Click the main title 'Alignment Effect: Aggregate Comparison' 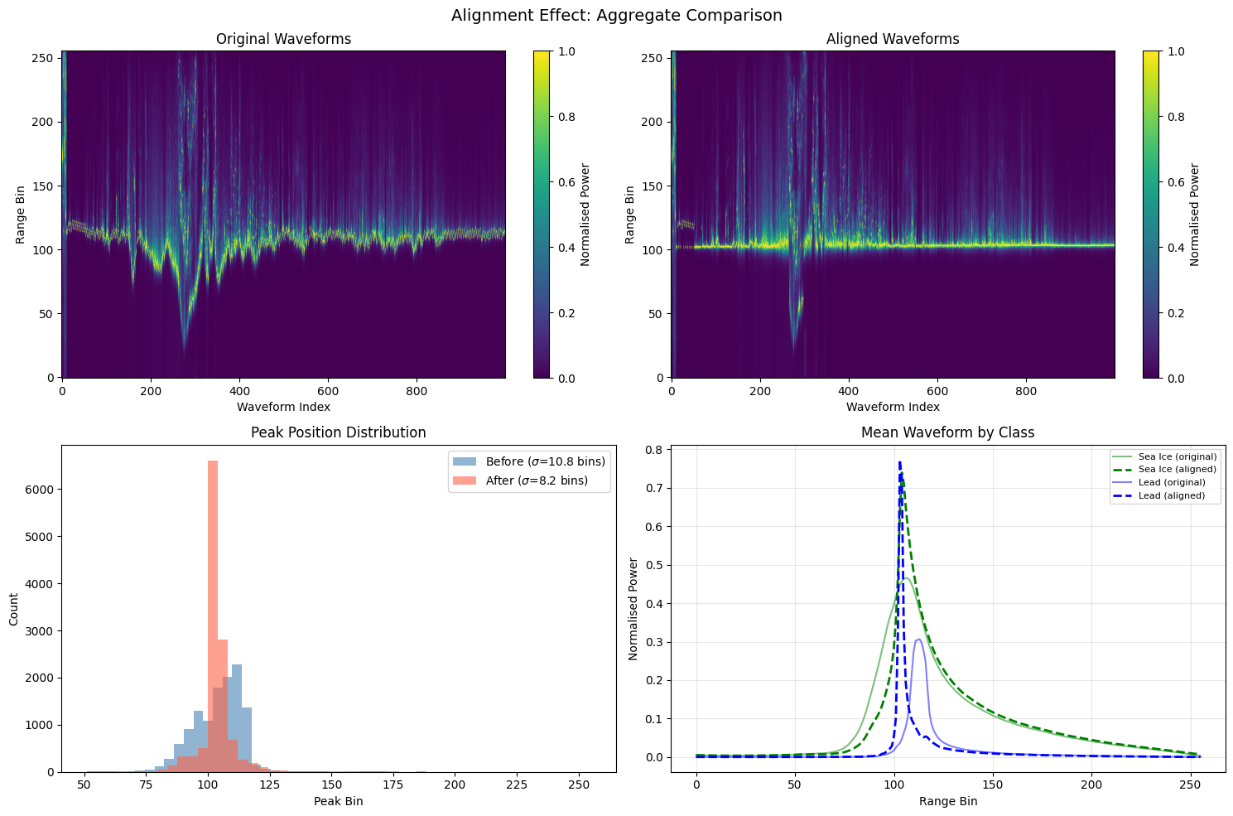pos(616,15)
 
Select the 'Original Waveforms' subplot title pos(283,39)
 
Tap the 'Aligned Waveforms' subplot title pos(893,39)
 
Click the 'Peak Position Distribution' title pos(339,432)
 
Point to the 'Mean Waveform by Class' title pos(947,432)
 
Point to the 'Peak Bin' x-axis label pos(339,802)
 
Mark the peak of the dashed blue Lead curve pos(899,462)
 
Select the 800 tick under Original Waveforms pos(417,390)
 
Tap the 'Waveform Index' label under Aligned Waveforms pos(893,407)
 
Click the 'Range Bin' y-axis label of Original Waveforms pos(20,214)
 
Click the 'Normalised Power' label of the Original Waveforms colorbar pos(585,214)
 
